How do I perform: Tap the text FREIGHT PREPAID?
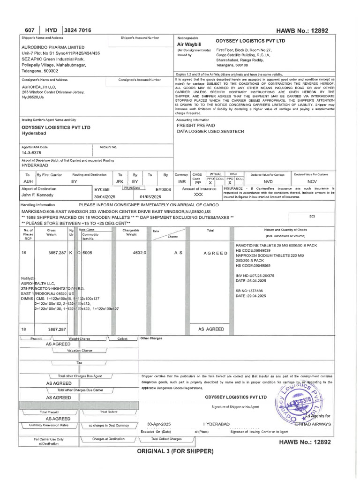pyautogui.click(x=196, y=126)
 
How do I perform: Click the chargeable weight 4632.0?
pyautogui.click(x=140, y=252)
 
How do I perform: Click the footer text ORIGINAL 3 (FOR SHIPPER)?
pyautogui.click(x=175, y=451)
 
